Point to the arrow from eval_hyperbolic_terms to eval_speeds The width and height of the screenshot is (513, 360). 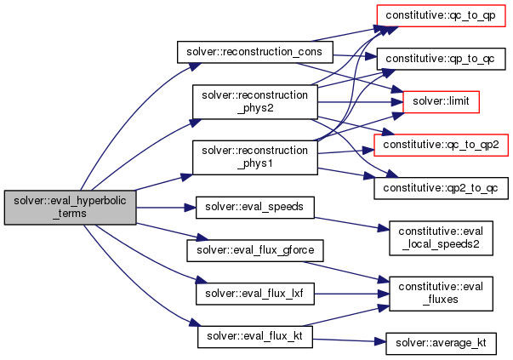coord(166,207)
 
